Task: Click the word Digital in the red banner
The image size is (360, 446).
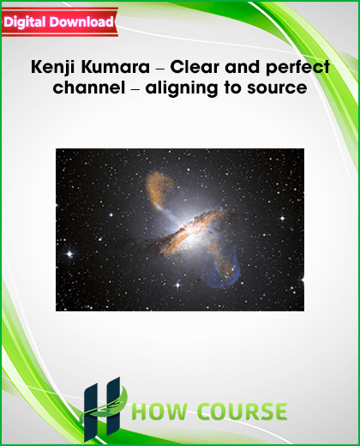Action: pos(25,23)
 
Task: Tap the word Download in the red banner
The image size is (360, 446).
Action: pos(81,22)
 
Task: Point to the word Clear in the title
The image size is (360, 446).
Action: pos(195,67)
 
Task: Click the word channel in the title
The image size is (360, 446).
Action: pos(89,87)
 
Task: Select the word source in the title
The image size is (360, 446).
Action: pos(277,88)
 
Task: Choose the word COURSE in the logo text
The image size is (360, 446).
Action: pos(243,412)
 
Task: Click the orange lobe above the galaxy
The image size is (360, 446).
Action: pos(158,189)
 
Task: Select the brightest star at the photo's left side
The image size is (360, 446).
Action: pos(69,254)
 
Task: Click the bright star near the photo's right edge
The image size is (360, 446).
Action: pos(282,218)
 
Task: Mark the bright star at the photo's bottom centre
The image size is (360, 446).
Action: pos(177,285)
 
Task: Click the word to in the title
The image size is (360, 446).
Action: pos(232,87)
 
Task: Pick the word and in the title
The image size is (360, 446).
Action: pos(243,67)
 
